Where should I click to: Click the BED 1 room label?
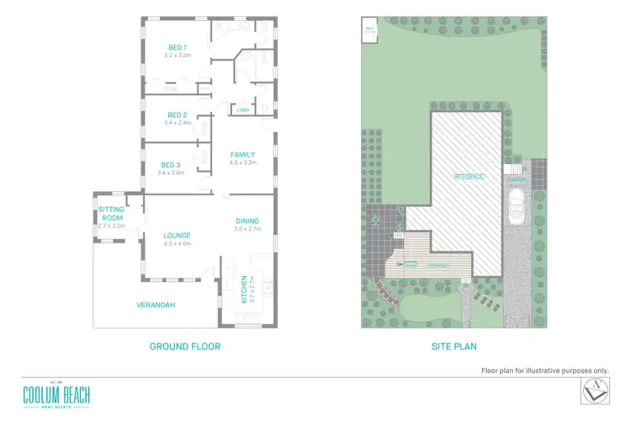pyautogui.click(x=177, y=47)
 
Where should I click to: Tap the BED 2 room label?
pyautogui.click(x=177, y=114)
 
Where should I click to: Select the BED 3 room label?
pyautogui.click(x=170, y=165)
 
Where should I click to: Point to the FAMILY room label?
pyautogui.click(x=242, y=154)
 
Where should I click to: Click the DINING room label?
pyautogui.click(x=247, y=221)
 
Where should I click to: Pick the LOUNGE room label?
pyautogui.click(x=177, y=236)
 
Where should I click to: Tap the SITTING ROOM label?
pyautogui.click(x=111, y=212)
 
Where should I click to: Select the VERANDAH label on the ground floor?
pyautogui.click(x=156, y=305)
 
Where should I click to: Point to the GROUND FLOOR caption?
pyautogui.click(x=184, y=346)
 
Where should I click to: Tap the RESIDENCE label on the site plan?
pyautogui.click(x=469, y=176)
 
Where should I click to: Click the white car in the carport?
pyautogui.click(x=517, y=205)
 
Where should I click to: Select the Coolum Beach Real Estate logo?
pyautogui.click(x=56, y=395)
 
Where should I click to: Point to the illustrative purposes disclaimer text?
pyautogui.click(x=544, y=370)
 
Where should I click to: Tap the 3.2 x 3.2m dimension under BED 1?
pyautogui.click(x=177, y=56)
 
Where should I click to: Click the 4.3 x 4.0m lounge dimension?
pyautogui.click(x=177, y=244)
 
